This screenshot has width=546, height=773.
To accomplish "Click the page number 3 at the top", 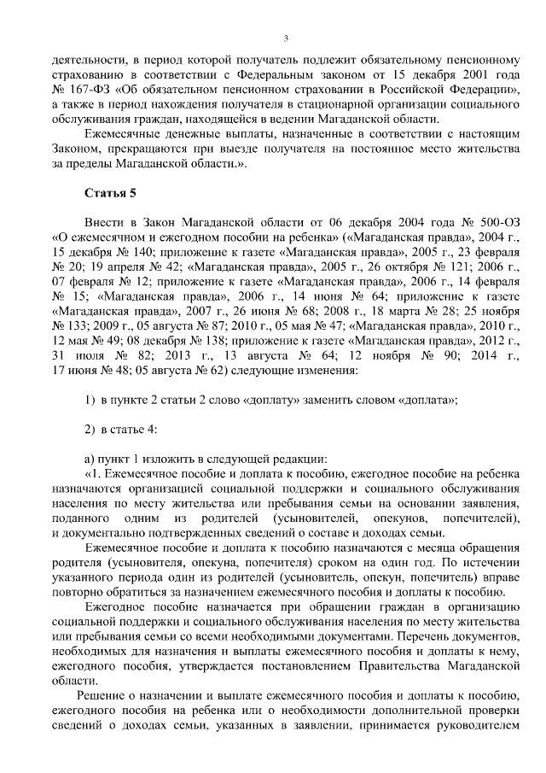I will coord(286,38).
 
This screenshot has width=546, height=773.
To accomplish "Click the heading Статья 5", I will coord(110,192).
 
